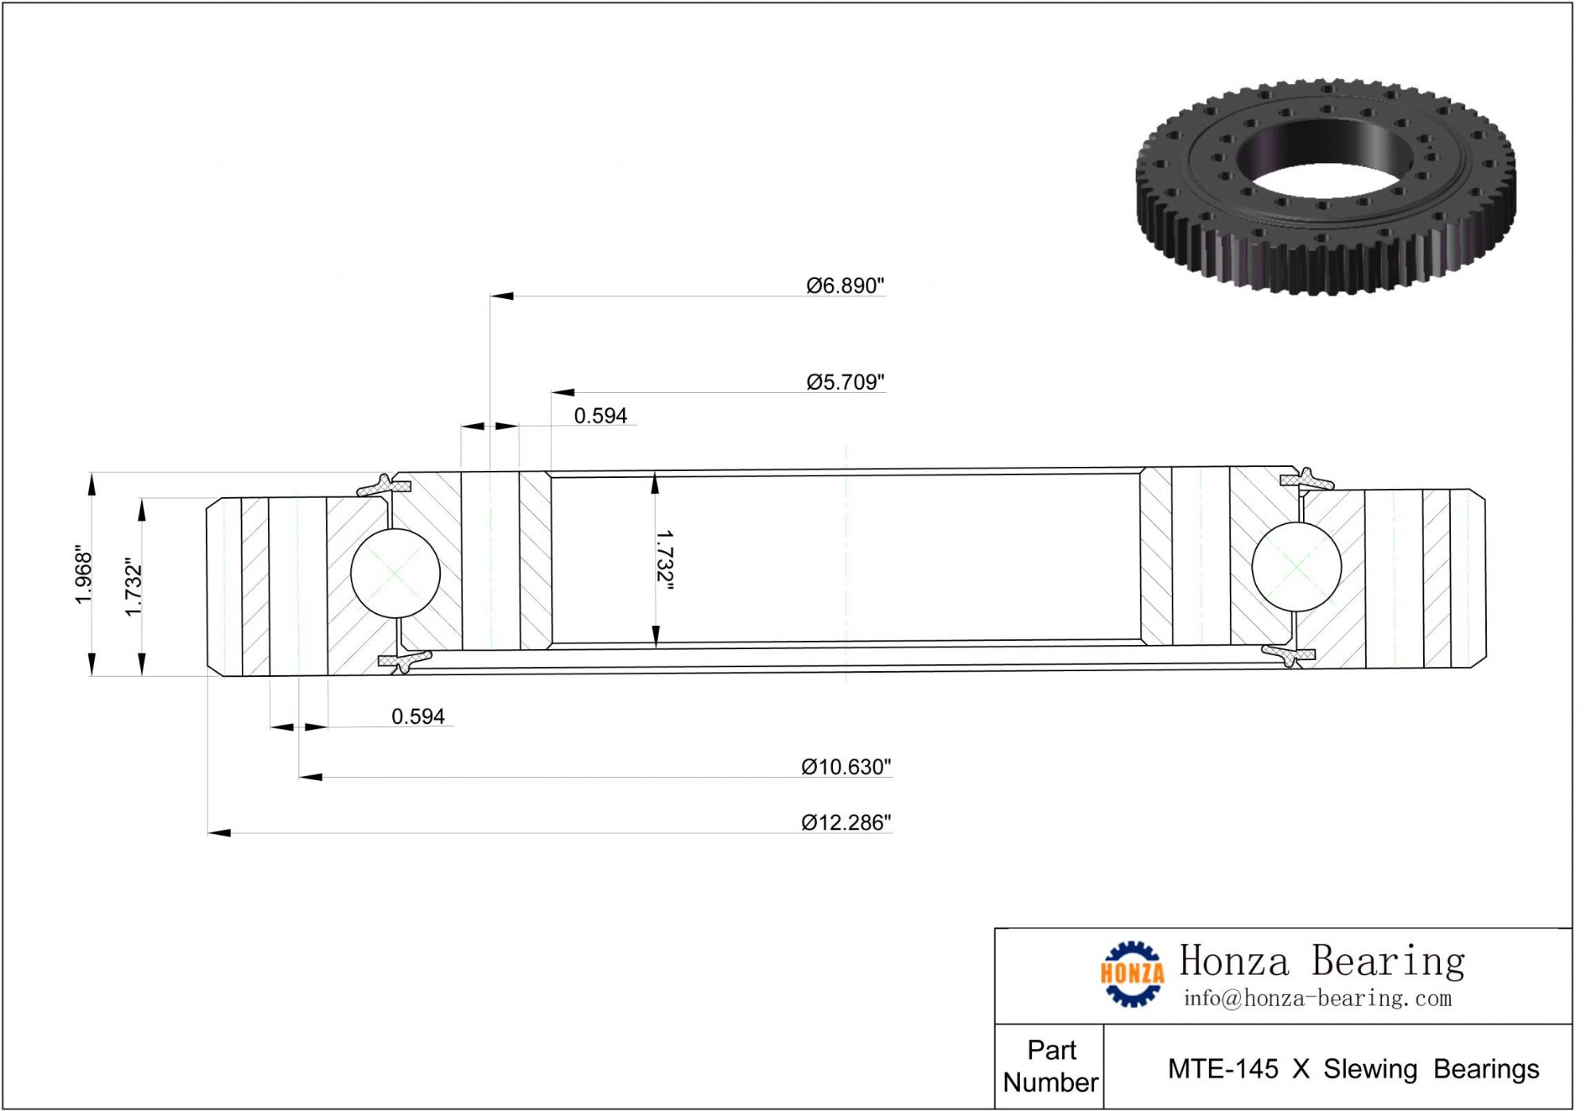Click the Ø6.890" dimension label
tap(845, 286)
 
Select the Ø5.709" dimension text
tap(845, 383)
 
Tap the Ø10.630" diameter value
tap(846, 767)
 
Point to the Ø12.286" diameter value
tap(846, 823)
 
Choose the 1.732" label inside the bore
tap(664, 561)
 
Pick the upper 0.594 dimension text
tap(601, 416)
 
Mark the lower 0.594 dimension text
tap(418, 717)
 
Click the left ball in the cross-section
tap(395, 573)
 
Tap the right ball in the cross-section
tap(1297, 567)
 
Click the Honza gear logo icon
tap(1131, 973)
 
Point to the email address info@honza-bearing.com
tap(1317, 999)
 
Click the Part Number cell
tap(1050, 1066)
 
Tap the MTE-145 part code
tap(1223, 1070)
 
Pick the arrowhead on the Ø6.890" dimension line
tap(502, 296)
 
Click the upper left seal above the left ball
tap(383, 484)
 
